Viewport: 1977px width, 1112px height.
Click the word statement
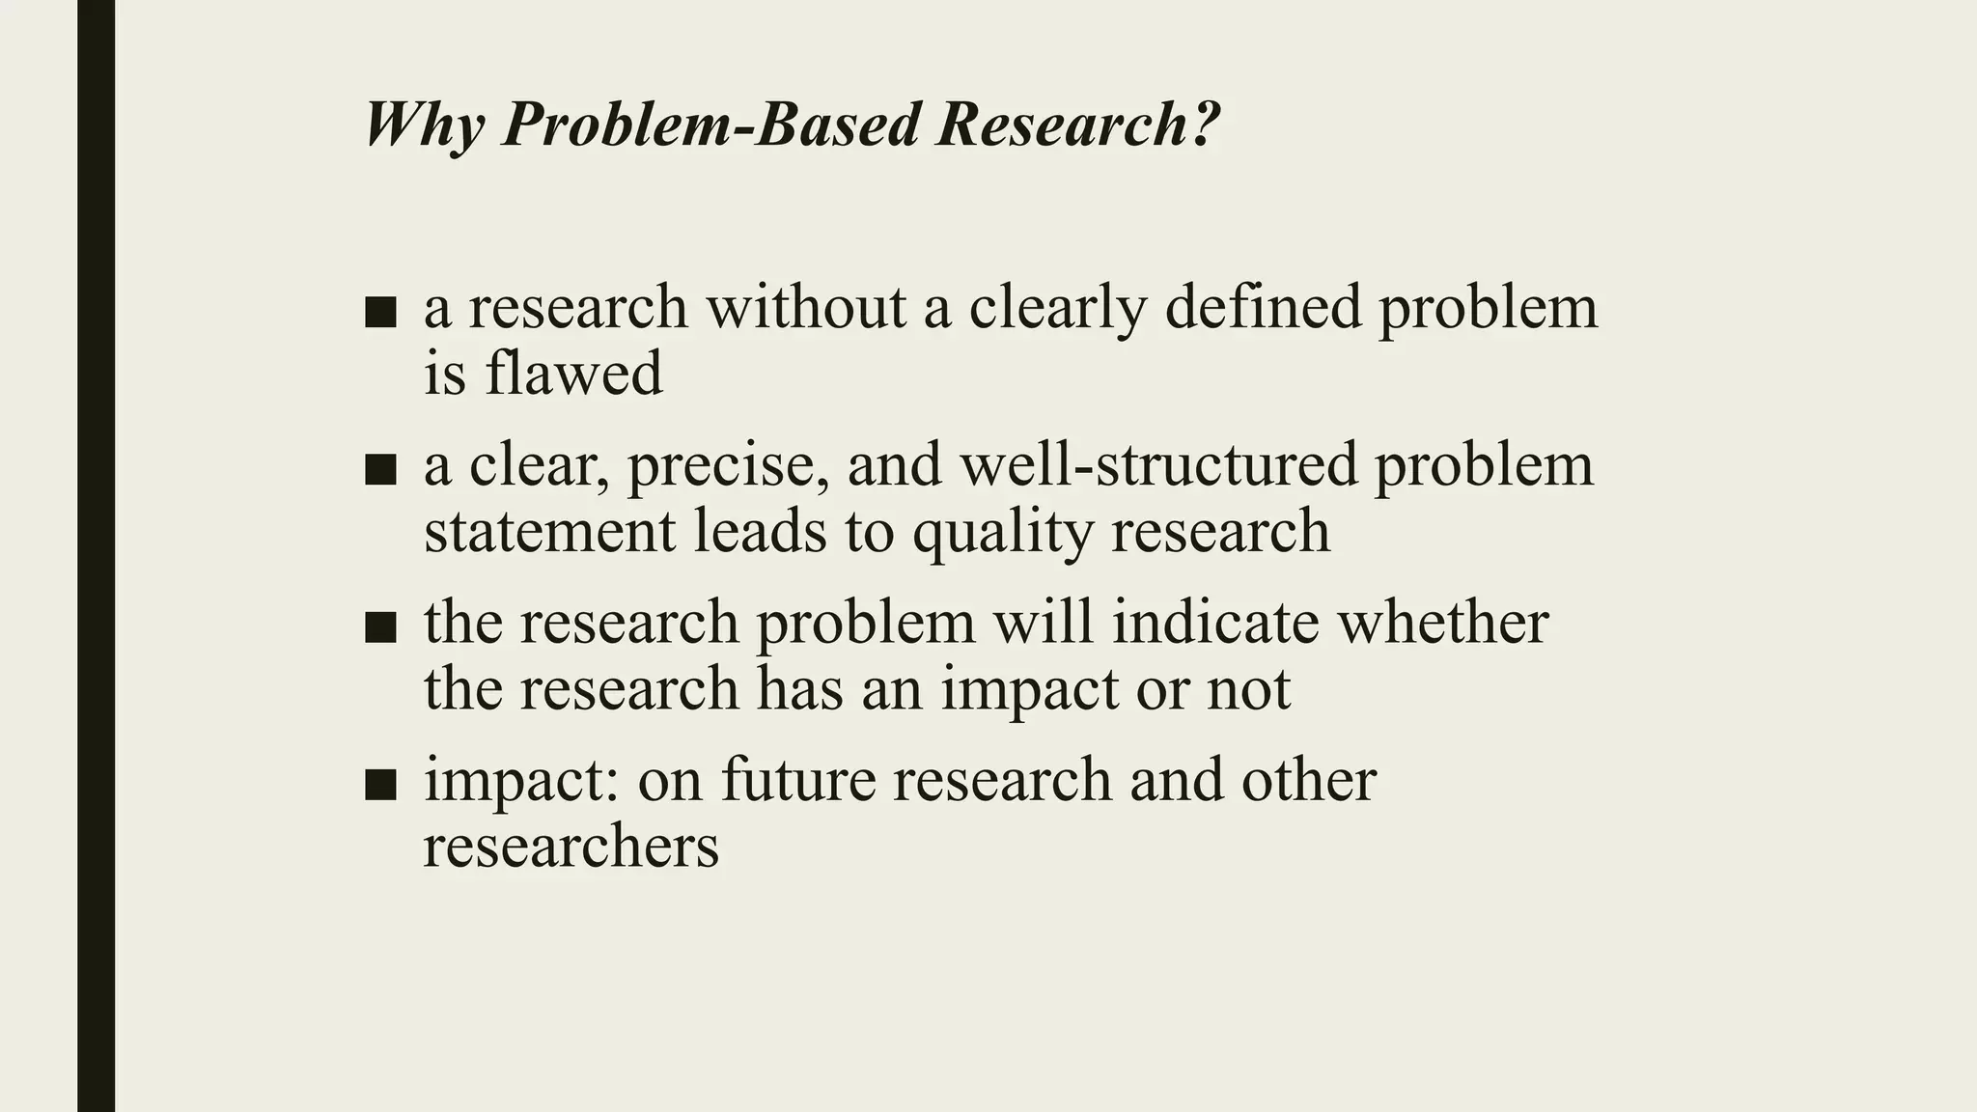(549, 531)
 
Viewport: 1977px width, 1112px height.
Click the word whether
(1442, 623)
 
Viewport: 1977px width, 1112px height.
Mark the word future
(796, 780)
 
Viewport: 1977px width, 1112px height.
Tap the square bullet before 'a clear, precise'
(381, 470)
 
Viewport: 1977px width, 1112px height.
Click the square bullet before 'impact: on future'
(381, 785)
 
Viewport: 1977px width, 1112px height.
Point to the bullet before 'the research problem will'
(381, 627)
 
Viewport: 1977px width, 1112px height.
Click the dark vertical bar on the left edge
(96, 556)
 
